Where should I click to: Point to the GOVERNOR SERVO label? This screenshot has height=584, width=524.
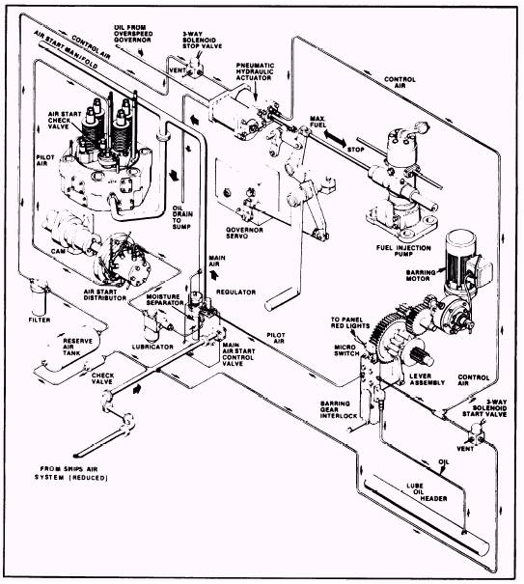pyautogui.click(x=245, y=233)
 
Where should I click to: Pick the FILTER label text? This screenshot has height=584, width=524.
pyautogui.click(x=40, y=320)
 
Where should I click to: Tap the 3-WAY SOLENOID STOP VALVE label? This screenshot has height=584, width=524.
pyautogui.click(x=202, y=40)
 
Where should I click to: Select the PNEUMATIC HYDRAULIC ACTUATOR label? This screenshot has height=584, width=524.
pyautogui.click(x=255, y=71)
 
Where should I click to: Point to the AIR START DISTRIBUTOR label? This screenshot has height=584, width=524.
pyautogui.click(x=104, y=295)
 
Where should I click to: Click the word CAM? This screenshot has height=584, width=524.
pyautogui.click(x=59, y=251)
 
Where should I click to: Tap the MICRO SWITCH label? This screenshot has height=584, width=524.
pyautogui.click(x=346, y=350)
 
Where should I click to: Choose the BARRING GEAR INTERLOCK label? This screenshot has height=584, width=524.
pyautogui.click(x=339, y=409)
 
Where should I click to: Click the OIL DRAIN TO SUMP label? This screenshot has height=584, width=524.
pyautogui.click(x=182, y=217)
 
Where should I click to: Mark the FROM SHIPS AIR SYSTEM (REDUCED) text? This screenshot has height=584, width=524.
pyautogui.click(x=71, y=473)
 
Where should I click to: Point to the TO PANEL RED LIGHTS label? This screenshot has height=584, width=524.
pyautogui.click(x=349, y=322)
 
